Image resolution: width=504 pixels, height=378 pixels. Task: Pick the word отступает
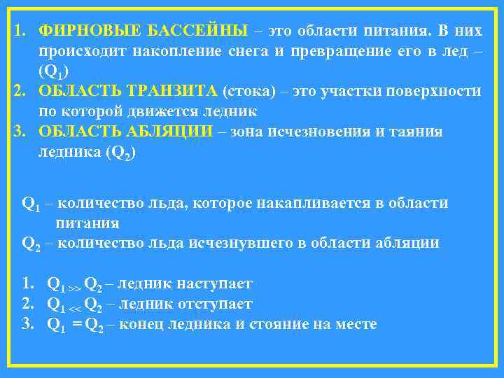[215, 304]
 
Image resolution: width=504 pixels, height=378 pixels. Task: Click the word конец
[142, 324]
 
